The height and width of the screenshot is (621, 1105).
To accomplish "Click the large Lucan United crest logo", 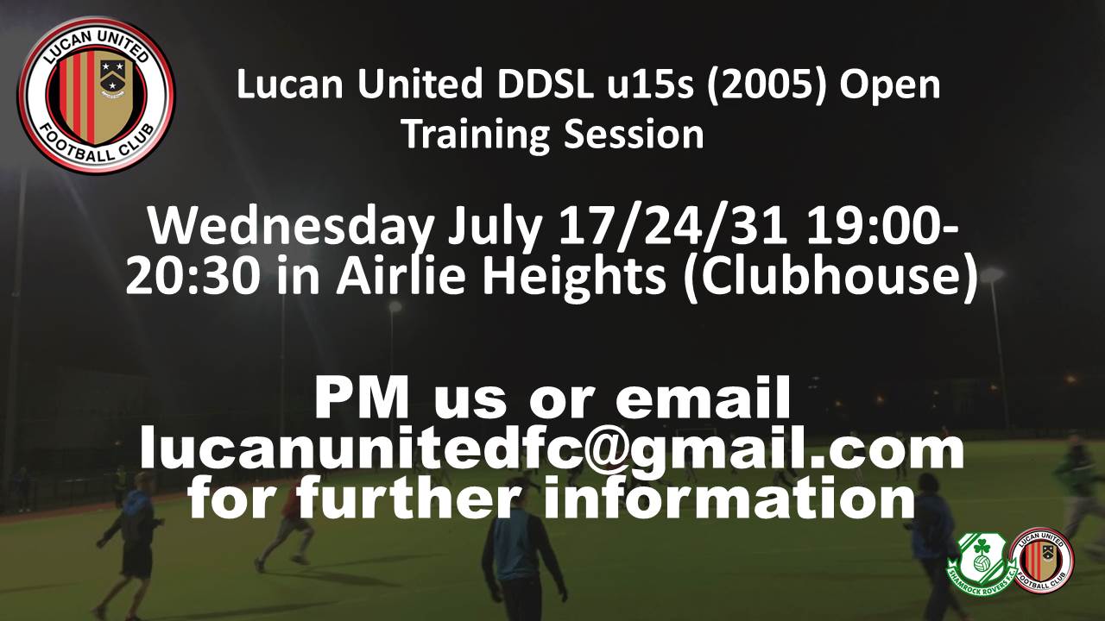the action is [96, 95].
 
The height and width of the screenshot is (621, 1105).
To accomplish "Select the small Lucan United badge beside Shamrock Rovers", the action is [1041, 561].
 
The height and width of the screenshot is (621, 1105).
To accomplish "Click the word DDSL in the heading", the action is [546, 85].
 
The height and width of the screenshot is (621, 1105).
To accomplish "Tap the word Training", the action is [477, 134].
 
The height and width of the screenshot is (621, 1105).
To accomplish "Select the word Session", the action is [634, 134].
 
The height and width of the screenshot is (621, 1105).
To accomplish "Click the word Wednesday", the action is [291, 227].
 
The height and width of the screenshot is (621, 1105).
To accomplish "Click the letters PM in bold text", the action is [363, 397].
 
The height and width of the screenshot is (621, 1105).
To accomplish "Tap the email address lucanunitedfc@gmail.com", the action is [552, 451].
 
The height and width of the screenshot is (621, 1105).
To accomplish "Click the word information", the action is [729, 495].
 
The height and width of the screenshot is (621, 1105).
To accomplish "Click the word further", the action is [412, 495].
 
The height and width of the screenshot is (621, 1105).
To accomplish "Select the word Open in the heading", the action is [890, 85].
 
